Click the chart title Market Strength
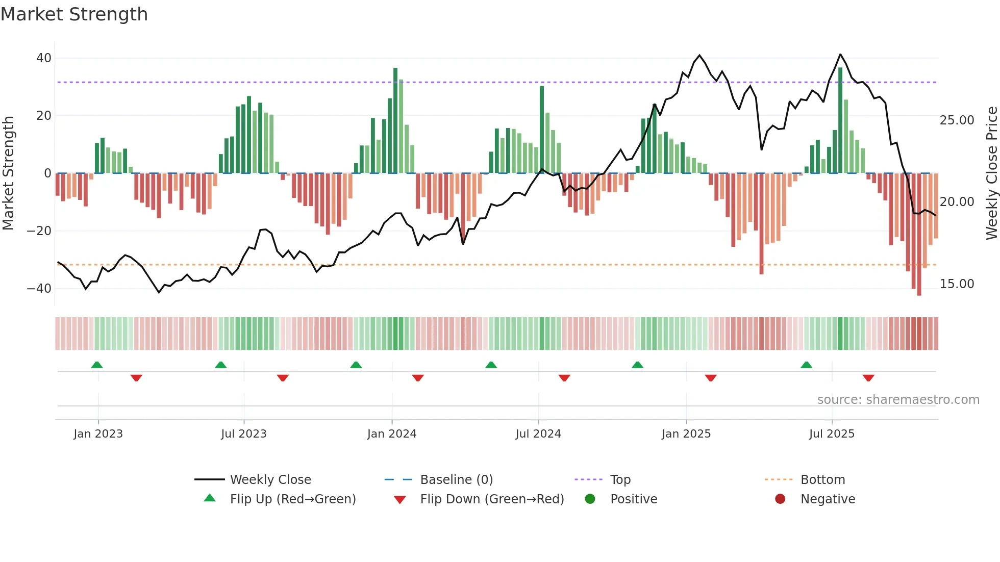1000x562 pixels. point(74,14)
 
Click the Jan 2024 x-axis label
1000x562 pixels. point(391,434)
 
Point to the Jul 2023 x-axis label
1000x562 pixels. point(243,434)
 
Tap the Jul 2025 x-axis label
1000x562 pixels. point(831,434)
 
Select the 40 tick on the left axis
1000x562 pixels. point(44,58)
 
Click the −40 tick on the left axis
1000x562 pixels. point(39,289)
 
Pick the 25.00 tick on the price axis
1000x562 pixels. point(957,120)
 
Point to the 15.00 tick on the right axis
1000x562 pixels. point(957,284)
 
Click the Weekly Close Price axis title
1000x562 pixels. point(991,173)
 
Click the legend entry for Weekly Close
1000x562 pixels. point(270,480)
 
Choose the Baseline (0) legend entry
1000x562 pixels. point(456,480)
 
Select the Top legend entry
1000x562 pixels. point(620,480)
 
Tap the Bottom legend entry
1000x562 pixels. point(822,480)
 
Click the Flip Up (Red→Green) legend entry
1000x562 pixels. point(292,499)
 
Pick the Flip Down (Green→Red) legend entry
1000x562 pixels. point(492,499)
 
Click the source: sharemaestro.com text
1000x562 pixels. point(898,400)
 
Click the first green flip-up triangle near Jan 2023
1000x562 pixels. point(97,365)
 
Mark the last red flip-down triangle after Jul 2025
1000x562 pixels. point(868,378)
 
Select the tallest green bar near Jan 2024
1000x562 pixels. point(395,120)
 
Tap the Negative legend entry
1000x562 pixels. point(827,499)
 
